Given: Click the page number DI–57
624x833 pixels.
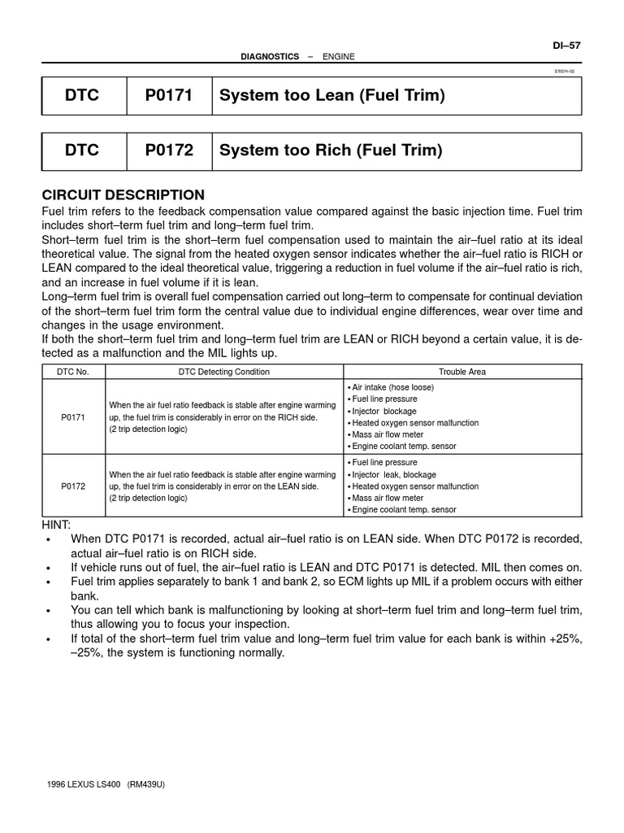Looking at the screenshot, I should pyautogui.click(x=567, y=45).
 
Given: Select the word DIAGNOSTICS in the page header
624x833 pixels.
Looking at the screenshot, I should pyautogui.click(x=270, y=56).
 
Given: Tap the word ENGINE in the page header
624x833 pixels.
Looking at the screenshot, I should pyautogui.click(x=339, y=56).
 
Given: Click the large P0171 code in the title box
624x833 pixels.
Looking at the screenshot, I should pyautogui.click(x=169, y=96).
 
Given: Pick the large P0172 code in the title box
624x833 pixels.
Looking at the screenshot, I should pyautogui.click(x=169, y=150).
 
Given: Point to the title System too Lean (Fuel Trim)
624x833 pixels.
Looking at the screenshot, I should pyautogui.click(x=332, y=96).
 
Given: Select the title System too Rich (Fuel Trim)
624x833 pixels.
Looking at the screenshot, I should pyautogui.click(x=331, y=150).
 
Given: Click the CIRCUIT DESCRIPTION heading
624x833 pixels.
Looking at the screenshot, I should pyautogui.click(x=123, y=195).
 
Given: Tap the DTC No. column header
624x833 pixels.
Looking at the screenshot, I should pyautogui.click(x=74, y=372).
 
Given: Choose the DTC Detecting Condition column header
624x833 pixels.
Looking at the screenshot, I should pyautogui.click(x=224, y=372).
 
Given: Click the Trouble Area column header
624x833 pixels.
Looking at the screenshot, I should pyautogui.click(x=462, y=372).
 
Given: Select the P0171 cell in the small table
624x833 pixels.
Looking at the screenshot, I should pyautogui.click(x=74, y=416).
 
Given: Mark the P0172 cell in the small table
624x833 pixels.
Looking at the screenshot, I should pyautogui.click(x=74, y=486).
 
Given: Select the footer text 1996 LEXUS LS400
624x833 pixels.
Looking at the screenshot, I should pyautogui.click(x=81, y=785).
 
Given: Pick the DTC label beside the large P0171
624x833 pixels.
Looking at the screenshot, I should pyautogui.click(x=82, y=96).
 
